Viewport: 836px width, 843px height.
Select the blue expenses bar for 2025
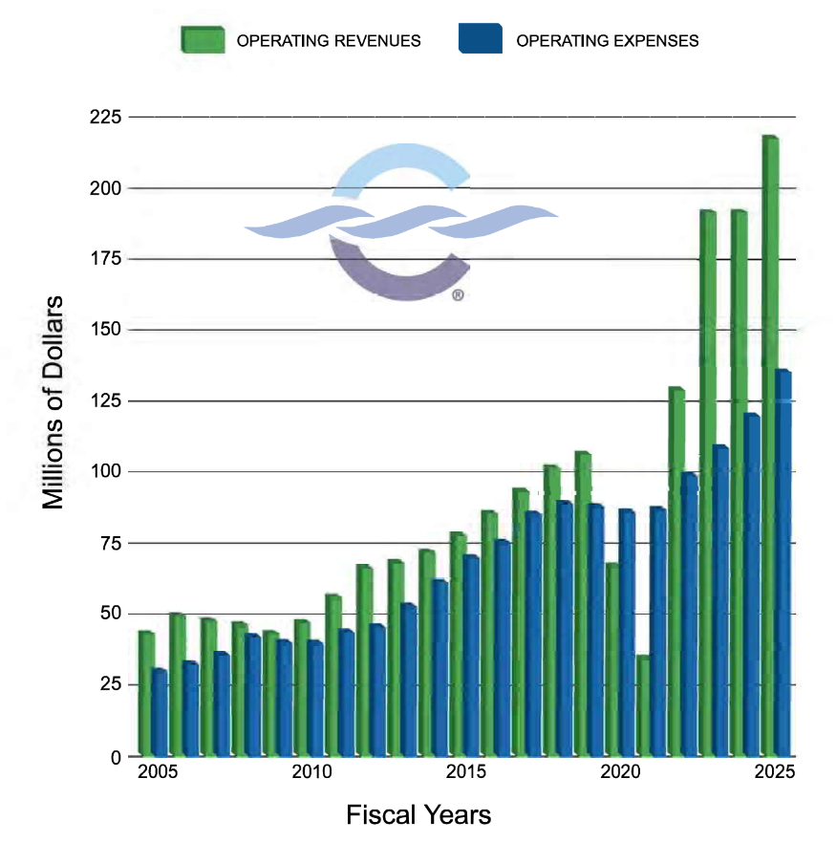click(782, 564)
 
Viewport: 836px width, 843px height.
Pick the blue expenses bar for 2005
click(159, 712)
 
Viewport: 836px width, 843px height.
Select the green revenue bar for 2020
click(611, 659)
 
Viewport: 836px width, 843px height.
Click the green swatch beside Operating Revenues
click(203, 40)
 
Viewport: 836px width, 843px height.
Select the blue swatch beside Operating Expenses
click(480, 40)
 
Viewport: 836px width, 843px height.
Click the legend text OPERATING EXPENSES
click(607, 41)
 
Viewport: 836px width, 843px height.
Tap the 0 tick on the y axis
click(116, 756)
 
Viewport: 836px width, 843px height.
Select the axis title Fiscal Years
click(418, 815)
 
